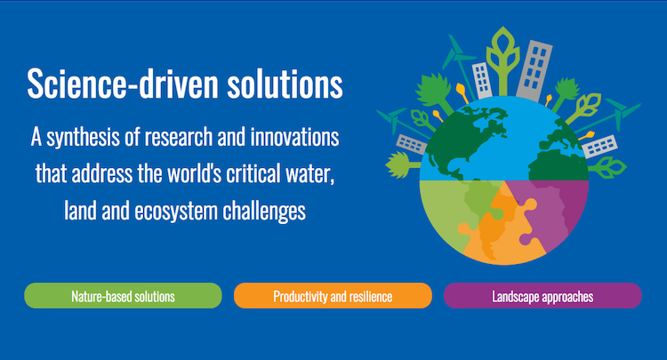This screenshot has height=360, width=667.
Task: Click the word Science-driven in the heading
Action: (x=123, y=83)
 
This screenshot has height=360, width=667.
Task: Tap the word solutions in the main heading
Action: (x=285, y=83)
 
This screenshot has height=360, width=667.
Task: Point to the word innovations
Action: (x=294, y=137)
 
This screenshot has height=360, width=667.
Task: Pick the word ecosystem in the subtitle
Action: (x=176, y=212)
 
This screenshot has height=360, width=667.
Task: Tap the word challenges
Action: (x=264, y=212)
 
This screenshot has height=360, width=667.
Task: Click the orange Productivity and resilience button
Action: (x=333, y=296)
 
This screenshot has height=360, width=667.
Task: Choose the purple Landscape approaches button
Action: (x=542, y=296)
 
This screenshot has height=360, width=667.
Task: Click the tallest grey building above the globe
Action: (x=534, y=70)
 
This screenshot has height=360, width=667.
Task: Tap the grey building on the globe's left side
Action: (x=412, y=144)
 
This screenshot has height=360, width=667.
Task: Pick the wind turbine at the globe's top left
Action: (x=459, y=64)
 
